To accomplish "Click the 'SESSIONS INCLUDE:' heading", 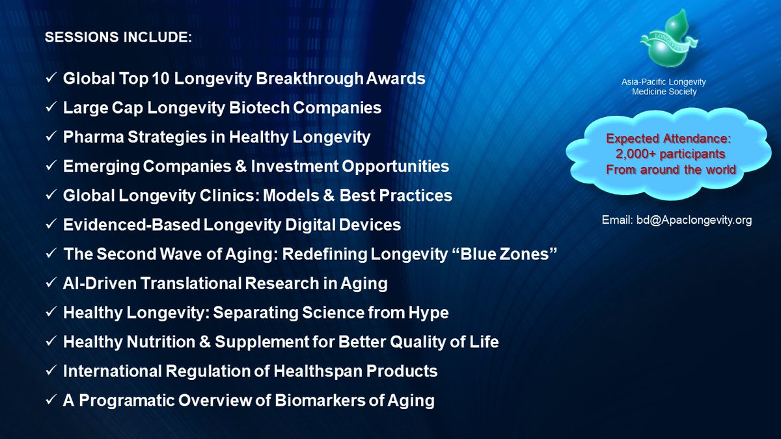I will pos(118,38).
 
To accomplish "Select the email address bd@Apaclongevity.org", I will pos(677,220).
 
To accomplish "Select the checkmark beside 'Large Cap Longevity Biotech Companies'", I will pos(50,108).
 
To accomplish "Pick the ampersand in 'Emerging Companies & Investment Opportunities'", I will pos(260,166).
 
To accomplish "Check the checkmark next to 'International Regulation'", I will pos(50,371).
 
